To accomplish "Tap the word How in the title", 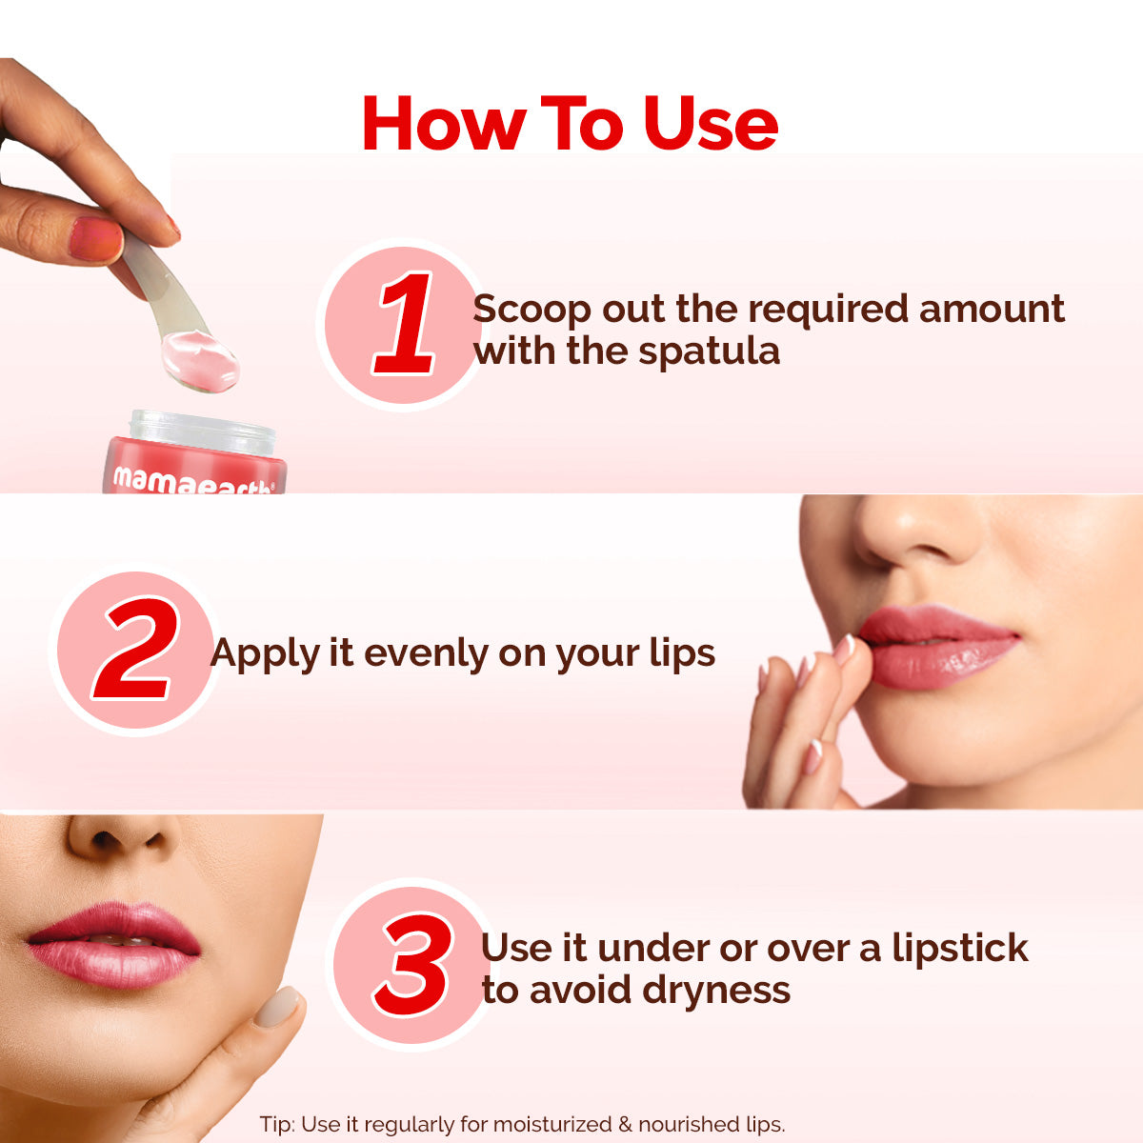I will click(444, 125).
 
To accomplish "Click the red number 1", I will click(406, 324).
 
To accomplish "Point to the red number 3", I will click(412, 964).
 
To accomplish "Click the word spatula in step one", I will click(709, 352).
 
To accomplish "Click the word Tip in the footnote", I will click(275, 1124).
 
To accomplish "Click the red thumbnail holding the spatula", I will click(95, 238).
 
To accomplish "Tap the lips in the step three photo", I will click(114, 943).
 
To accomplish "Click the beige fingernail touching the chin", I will click(276, 1007).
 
